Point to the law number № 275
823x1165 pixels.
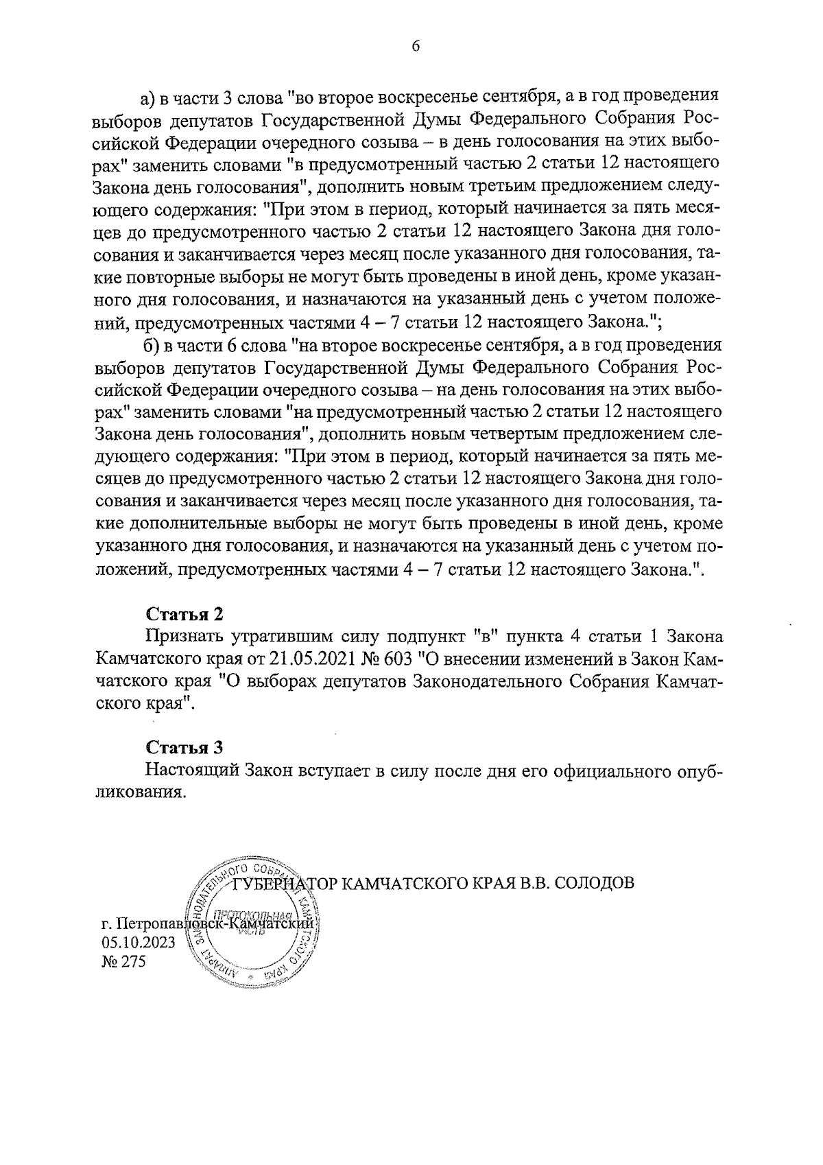click(123, 962)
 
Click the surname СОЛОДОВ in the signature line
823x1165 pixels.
click(593, 882)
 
